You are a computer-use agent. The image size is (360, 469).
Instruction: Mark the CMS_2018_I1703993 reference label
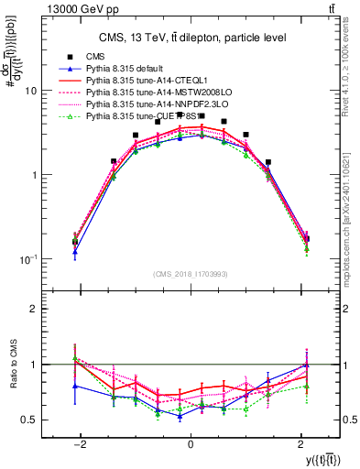[x=190, y=275]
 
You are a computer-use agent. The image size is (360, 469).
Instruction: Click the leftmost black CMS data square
[x=75, y=242]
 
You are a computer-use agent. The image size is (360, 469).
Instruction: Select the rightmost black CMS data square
[x=306, y=239]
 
